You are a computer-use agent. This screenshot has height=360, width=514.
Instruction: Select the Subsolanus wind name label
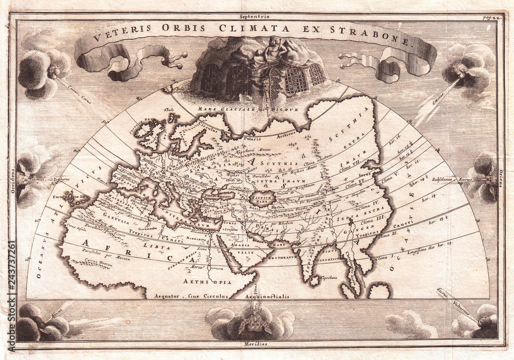tap(445, 179)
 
